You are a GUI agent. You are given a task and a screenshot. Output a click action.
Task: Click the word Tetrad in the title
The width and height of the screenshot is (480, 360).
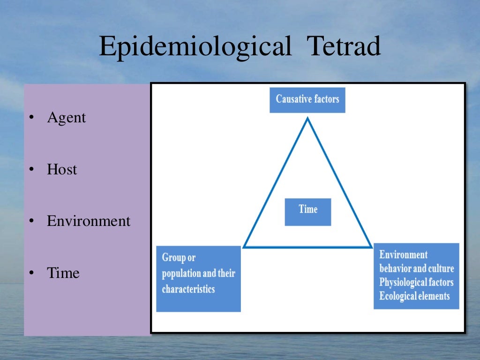coord(343,47)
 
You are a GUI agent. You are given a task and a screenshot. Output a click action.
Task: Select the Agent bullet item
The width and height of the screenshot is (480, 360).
coord(66,118)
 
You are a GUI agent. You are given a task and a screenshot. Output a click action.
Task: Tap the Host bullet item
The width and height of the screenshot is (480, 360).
coord(61,169)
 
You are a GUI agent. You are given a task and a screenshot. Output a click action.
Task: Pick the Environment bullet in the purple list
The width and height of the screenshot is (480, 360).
coord(89,221)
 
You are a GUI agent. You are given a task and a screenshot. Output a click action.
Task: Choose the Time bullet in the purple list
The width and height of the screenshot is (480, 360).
coord(63,273)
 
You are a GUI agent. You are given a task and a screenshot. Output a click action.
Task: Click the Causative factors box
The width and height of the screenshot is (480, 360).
coord(307,99)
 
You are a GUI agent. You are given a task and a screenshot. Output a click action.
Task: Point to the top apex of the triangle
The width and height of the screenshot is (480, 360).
coord(307,118)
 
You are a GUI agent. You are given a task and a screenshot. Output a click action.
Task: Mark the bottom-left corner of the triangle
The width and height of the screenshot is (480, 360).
coord(244,247)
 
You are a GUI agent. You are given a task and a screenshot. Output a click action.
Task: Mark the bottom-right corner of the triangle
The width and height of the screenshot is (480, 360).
coord(371,247)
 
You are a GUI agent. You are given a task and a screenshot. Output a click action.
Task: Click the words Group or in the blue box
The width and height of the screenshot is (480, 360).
coord(179,258)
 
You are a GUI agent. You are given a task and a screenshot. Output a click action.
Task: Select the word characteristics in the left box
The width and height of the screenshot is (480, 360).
coord(188,289)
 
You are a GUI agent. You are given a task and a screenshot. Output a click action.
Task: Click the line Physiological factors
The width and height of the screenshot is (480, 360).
coord(416,282)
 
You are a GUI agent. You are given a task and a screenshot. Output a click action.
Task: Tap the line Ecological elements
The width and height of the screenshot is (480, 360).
coord(414,296)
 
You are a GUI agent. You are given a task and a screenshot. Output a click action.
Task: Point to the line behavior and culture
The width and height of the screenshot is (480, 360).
coord(416,269)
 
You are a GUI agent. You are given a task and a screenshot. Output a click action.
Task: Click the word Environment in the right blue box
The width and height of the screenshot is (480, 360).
coord(403,255)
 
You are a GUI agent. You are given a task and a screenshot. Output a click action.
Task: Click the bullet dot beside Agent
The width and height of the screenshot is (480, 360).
coord(30,118)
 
